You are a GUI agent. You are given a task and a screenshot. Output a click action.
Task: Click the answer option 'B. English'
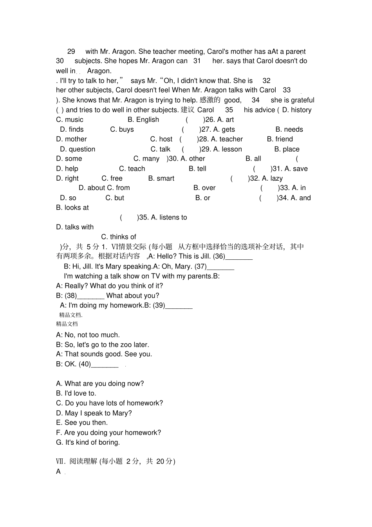pos(143,120)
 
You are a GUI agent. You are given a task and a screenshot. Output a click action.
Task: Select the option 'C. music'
pos(70,120)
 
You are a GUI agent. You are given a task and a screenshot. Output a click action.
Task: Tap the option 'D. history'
pos(296,110)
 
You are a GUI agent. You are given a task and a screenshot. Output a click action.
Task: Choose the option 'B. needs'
pos(289,129)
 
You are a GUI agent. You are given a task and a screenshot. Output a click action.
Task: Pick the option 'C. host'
pos(161,139)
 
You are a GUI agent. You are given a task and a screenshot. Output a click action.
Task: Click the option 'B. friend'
pos(280,139)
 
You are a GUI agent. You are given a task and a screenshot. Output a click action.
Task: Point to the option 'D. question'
pos(78,149)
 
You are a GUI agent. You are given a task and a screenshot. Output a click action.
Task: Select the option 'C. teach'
pos(132,168)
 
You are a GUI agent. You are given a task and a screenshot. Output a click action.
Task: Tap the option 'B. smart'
pos(161,178)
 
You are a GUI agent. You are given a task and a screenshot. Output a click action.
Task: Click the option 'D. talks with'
pos(75,227)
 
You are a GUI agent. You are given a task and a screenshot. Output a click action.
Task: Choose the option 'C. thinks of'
pos(119,237)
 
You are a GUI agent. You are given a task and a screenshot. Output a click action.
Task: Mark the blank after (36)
pos(239,257)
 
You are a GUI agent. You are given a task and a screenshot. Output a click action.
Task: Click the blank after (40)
pos(105,364)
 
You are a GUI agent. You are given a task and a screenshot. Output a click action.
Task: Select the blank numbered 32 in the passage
pos(266,81)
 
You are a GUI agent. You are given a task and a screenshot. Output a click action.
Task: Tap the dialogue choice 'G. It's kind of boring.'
pos(88,442)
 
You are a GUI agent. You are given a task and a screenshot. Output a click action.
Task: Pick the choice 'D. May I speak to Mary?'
pos(94,413)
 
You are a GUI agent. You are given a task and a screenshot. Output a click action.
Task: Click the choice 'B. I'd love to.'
pos(76,393)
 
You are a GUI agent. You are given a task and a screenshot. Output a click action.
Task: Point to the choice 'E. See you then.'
pos(82,423)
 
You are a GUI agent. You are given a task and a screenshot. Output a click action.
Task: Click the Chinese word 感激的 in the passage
pos(210,100)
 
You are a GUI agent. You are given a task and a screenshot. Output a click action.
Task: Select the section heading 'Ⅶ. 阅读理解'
pos(76,461)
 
